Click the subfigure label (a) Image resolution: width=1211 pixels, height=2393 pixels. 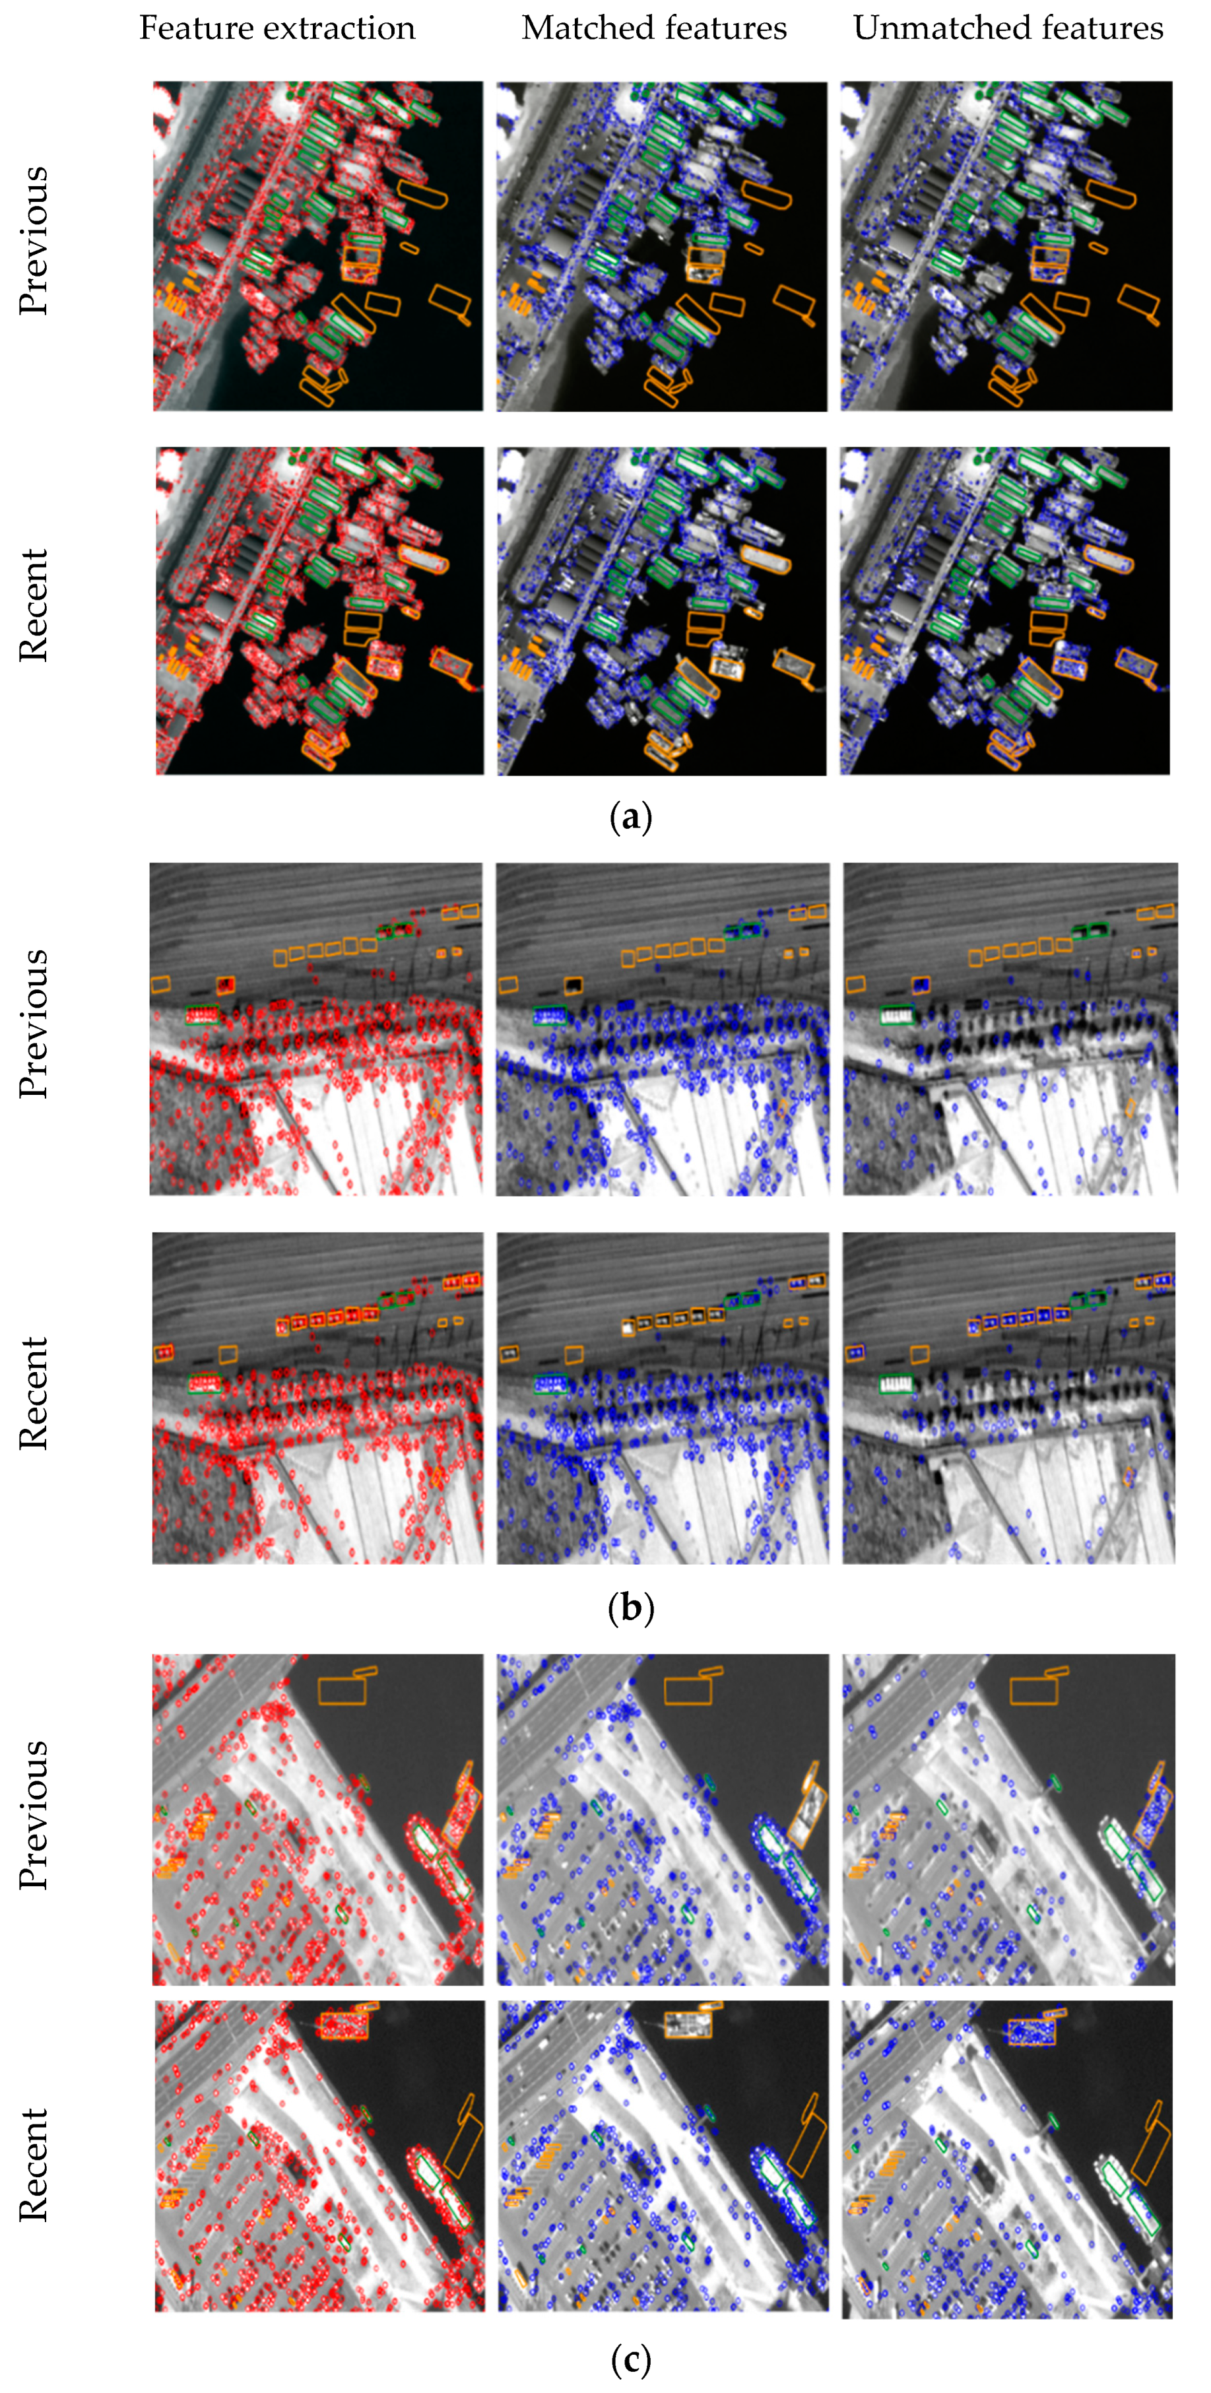click(x=632, y=818)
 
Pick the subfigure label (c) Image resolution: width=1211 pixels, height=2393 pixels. click(x=632, y=2359)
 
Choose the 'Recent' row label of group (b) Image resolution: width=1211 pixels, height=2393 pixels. click(x=34, y=1393)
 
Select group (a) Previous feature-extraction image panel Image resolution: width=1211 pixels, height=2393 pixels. click(x=317, y=246)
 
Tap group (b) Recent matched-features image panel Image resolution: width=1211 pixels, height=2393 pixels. click(x=662, y=1397)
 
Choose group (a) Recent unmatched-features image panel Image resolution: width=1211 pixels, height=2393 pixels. click(x=1005, y=610)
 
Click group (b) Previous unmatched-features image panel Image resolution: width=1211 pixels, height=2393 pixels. click(x=1010, y=1028)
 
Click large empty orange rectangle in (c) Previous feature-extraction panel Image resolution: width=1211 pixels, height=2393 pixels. click(x=342, y=1689)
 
